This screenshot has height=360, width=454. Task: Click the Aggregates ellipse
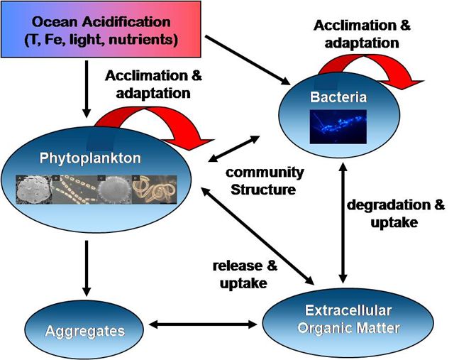85,330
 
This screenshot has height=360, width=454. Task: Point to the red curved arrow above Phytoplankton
162,117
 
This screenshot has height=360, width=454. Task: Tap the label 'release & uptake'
243,273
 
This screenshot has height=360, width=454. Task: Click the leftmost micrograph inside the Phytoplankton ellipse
33,187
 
